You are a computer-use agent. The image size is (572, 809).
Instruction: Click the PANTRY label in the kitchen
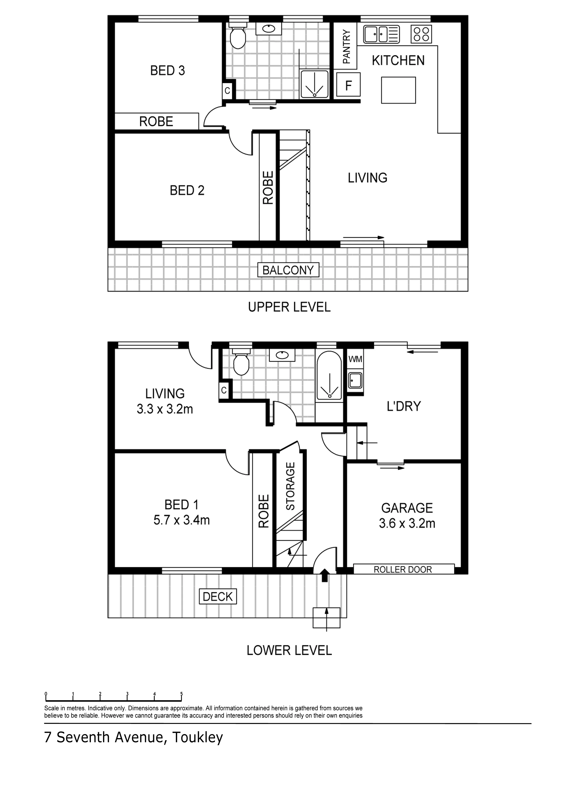(346, 47)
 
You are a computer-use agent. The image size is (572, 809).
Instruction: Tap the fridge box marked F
(349, 85)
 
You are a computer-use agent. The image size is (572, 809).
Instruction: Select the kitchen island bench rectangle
(398, 90)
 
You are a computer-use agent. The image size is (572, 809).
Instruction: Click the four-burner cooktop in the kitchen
(421, 34)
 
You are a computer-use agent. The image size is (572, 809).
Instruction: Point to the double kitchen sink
(381, 34)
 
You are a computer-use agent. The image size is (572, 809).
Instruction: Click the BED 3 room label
(167, 71)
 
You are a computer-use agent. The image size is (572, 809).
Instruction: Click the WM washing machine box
(355, 359)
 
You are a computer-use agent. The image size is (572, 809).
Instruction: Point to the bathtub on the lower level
(329, 376)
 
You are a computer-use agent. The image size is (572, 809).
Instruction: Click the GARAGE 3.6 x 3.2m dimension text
(407, 523)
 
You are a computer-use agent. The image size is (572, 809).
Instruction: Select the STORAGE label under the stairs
(290, 486)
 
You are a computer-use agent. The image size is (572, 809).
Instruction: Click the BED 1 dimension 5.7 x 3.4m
(182, 520)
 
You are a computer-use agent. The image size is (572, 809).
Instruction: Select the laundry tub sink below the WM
(355, 381)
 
